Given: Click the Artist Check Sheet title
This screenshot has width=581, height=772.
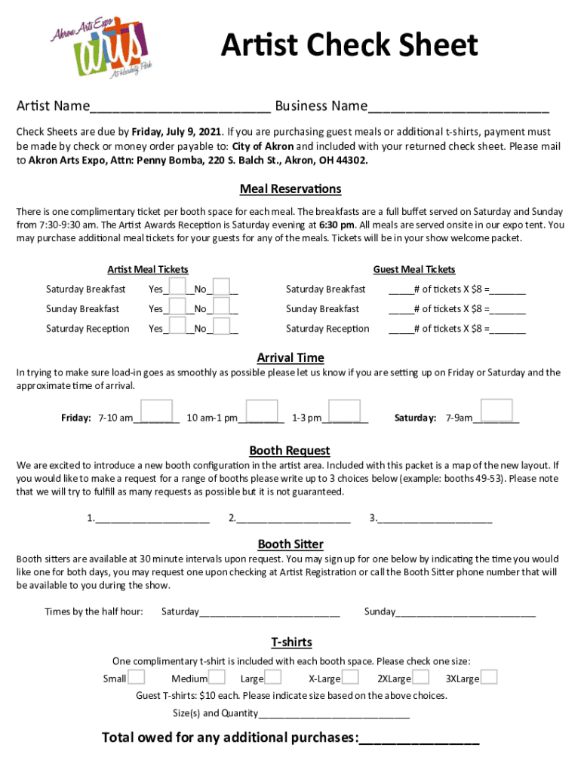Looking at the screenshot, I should click(x=349, y=45).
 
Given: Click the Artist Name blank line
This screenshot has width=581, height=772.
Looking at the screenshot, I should click(x=180, y=106).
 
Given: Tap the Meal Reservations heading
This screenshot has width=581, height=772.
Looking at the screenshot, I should click(x=290, y=188).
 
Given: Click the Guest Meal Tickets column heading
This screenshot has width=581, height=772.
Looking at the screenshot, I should click(x=414, y=269).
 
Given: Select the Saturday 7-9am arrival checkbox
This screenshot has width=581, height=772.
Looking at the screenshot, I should click(x=497, y=412).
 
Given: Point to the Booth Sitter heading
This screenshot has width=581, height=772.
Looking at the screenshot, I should click(x=290, y=544).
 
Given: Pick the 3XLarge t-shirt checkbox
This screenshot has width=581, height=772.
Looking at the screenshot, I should click(x=489, y=676).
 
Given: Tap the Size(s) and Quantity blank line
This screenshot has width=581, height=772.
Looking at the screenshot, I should click(x=334, y=714).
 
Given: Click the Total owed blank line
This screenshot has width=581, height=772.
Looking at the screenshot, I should click(x=419, y=739).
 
